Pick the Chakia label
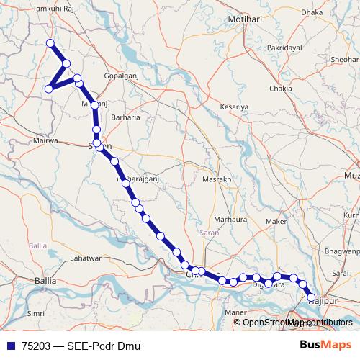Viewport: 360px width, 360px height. [280, 89]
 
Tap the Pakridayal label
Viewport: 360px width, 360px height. [286, 47]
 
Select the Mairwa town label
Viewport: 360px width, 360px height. [43, 141]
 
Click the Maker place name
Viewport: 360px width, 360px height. [276, 221]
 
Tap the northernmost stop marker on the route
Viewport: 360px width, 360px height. [50, 43]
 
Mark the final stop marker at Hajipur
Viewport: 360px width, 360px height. [312, 297]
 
